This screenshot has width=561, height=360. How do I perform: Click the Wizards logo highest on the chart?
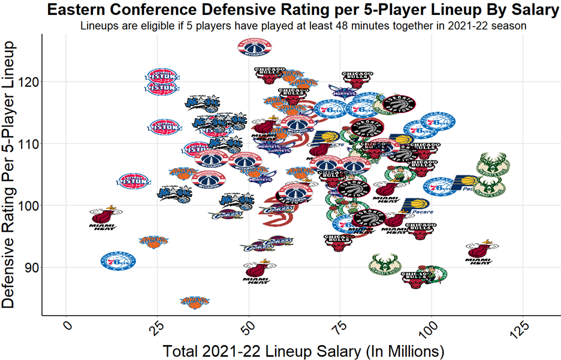tap(255, 46)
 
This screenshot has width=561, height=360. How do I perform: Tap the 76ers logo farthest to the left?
tap(118, 261)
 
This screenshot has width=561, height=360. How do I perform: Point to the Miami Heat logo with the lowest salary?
tap(103, 217)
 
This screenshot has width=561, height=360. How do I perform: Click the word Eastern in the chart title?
tap(78, 10)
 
